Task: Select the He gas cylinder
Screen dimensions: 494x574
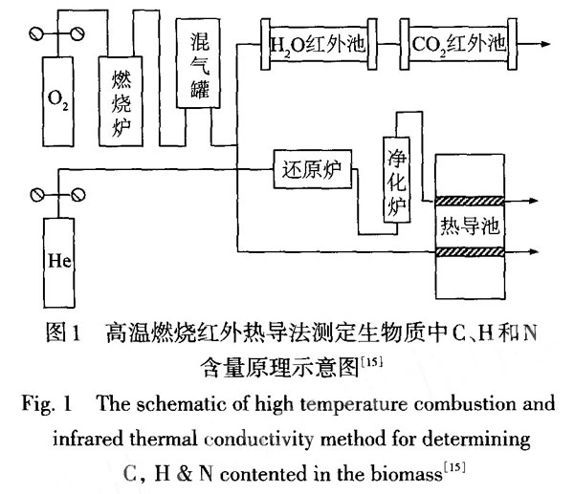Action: (x=57, y=257)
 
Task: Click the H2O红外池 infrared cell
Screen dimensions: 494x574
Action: (x=319, y=44)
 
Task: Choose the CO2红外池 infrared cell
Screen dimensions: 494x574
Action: (x=457, y=44)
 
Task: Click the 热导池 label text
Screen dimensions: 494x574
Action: (x=470, y=226)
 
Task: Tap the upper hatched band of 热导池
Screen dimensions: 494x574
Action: (x=470, y=202)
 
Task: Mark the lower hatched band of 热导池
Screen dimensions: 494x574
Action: (x=470, y=253)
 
